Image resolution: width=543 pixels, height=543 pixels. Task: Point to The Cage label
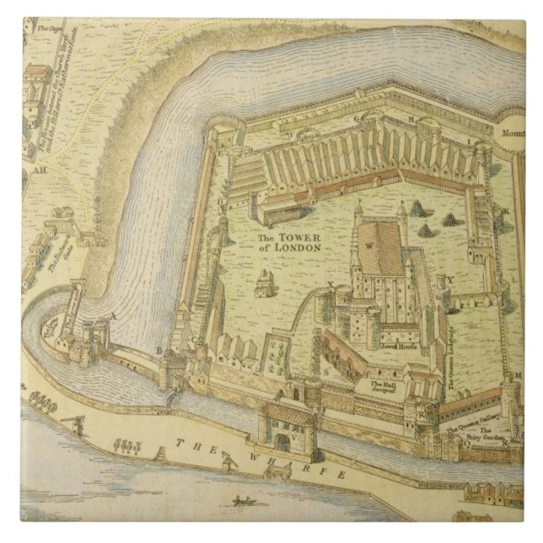[46, 28]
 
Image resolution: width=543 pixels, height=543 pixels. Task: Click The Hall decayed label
[375, 387]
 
